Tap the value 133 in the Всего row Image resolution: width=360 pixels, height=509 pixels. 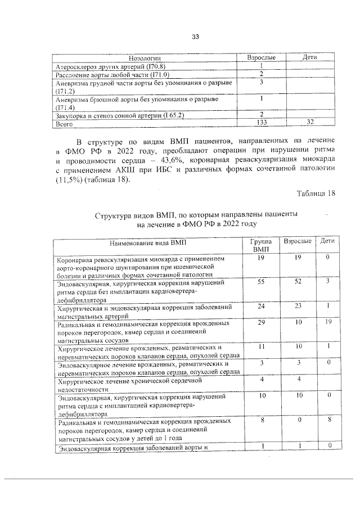[262, 122]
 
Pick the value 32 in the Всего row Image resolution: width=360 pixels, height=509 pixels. [309, 122]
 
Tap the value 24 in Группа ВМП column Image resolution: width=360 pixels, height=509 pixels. [261, 307]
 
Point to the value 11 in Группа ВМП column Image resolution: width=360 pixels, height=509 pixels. [261, 347]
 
